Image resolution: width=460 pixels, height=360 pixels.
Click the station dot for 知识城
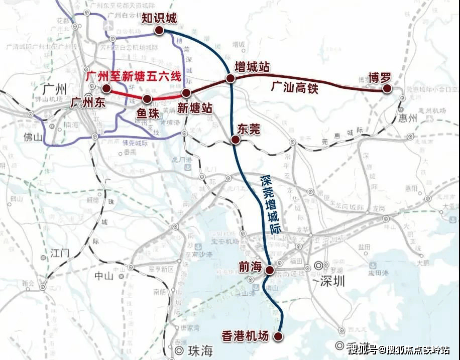pyautogui.click(x=159, y=31)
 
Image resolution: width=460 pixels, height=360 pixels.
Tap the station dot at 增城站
pyautogui.click(x=230, y=78)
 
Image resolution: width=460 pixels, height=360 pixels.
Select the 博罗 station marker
pyautogui.click(x=386, y=88)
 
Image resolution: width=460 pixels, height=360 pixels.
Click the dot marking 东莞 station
pyautogui.click(x=235, y=141)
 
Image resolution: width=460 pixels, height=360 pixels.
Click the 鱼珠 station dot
pyautogui.click(x=147, y=99)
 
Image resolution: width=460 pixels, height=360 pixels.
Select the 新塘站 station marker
pyautogui.click(x=186, y=93)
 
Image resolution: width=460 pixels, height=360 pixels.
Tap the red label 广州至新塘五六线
pyautogui.click(x=133, y=76)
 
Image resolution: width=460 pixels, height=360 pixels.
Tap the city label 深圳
pyautogui.click(x=333, y=281)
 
